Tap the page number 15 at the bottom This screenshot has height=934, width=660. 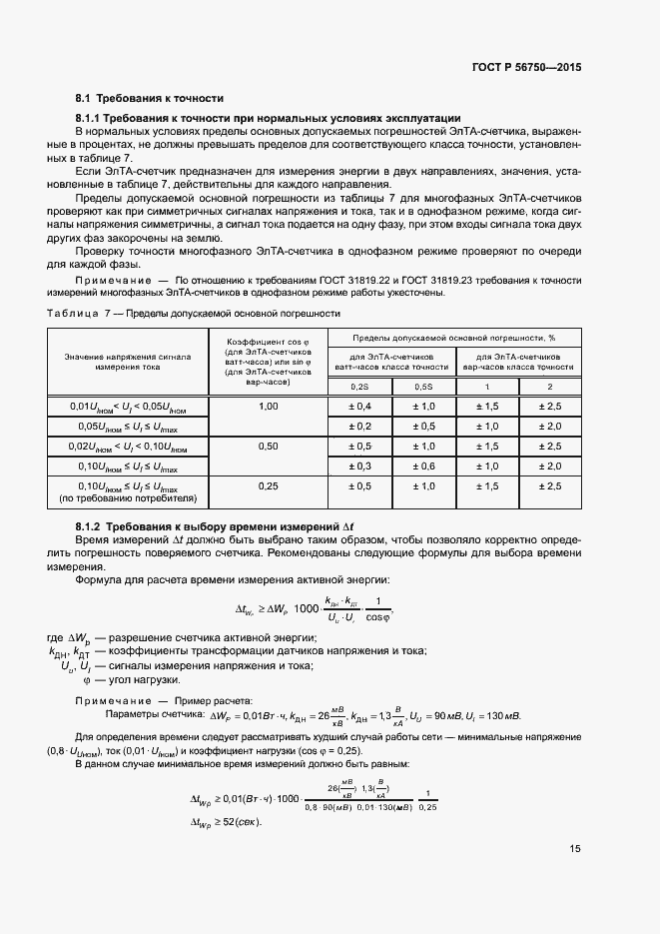pos(575,849)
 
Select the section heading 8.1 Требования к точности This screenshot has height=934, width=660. pos(149,98)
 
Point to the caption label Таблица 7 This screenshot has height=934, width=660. pos(75,314)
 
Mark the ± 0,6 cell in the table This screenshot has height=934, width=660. pos(423,467)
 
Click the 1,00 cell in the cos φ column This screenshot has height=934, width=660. pos(268,407)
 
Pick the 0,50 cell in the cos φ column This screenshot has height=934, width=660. pos(268,447)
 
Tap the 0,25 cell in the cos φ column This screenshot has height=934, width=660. pos(268,486)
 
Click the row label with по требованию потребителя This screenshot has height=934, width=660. pos(129,497)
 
